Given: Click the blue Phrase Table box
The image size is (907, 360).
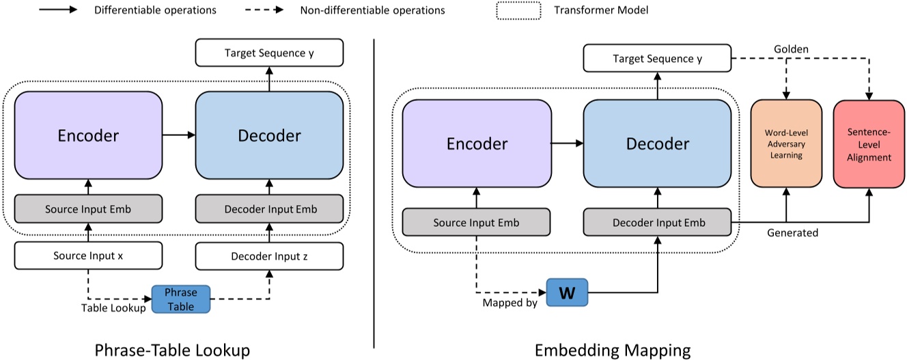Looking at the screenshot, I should [x=180, y=299].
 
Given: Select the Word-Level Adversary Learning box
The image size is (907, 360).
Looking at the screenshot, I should [x=785, y=143].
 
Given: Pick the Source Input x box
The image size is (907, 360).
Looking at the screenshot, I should [x=88, y=256].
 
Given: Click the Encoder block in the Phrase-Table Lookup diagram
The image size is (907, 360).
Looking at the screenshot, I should [x=88, y=135].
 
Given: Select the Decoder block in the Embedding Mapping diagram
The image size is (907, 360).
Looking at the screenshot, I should [x=657, y=143].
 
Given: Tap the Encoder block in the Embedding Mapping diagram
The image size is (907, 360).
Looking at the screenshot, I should [x=477, y=143].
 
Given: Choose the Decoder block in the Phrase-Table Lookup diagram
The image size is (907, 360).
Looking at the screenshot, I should [x=269, y=135].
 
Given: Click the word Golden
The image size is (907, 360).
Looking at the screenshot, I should [x=792, y=50].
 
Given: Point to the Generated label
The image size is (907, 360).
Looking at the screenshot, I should [x=792, y=233].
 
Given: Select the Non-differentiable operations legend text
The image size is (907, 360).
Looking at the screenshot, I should [x=372, y=11].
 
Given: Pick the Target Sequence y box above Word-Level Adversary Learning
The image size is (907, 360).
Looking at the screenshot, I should [x=657, y=59].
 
